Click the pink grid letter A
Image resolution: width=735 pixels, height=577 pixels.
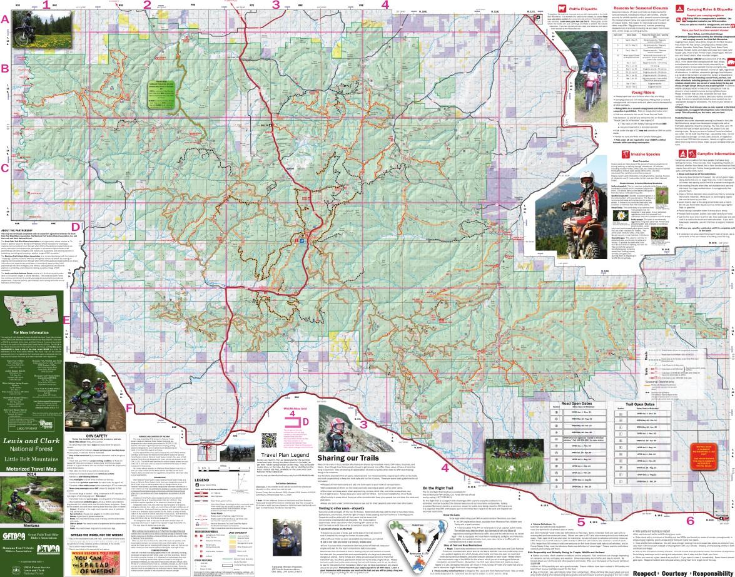tap(6, 19)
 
